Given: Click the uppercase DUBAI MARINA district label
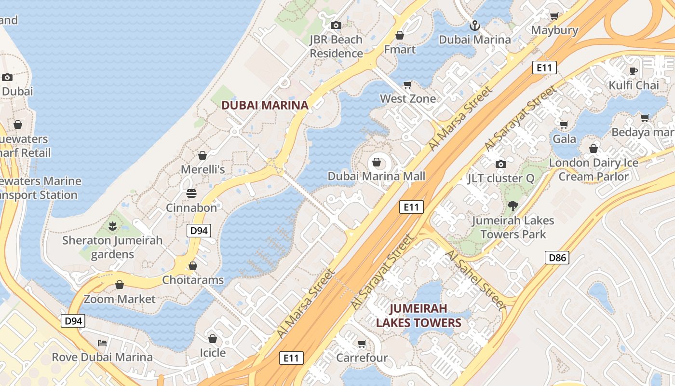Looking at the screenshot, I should (x=265, y=105).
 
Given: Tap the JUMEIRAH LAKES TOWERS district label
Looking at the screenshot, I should (x=418, y=316).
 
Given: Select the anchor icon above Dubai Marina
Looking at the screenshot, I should (x=475, y=25).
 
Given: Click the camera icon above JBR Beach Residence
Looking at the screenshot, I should (x=336, y=25).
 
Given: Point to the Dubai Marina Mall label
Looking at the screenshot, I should (x=377, y=176).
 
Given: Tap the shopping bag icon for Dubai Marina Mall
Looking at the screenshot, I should (x=377, y=162).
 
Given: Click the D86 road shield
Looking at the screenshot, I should (x=557, y=258).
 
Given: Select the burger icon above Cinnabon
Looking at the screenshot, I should (x=191, y=193).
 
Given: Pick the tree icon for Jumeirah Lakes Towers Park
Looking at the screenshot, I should (x=513, y=206).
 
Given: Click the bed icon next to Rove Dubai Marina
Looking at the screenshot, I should (x=102, y=343).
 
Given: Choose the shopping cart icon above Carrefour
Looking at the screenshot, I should (x=362, y=344).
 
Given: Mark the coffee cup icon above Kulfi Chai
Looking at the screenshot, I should (x=634, y=71).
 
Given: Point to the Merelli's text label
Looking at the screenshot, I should (x=202, y=169).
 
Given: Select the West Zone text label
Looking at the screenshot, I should (x=408, y=98).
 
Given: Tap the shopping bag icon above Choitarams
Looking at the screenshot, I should (x=193, y=266).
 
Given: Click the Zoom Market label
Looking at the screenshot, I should (x=120, y=299).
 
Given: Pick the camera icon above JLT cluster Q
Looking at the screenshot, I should (x=501, y=164).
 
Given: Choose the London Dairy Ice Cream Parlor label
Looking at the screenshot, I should (x=594, y=169).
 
